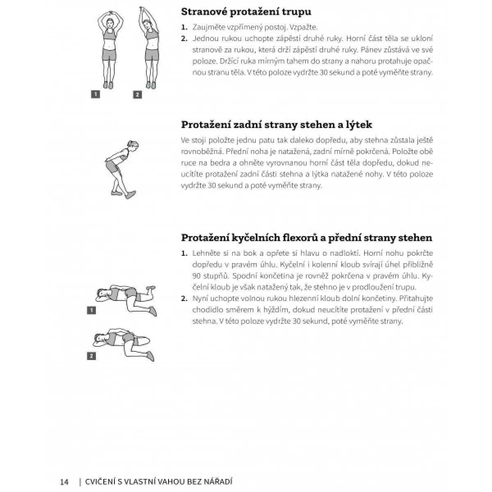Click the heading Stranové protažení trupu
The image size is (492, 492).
[x=246, y=12]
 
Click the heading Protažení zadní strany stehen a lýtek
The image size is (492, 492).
[x=276, y=125]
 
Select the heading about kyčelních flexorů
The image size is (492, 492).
[x=307, y=238]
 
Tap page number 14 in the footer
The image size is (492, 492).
[x=64, y=481]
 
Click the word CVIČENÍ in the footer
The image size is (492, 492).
[x=100, y=481]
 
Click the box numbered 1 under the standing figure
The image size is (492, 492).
[x=95, y=94]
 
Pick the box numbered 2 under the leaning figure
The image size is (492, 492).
[x=137, y=95]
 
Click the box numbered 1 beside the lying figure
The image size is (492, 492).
[x=91, y=311]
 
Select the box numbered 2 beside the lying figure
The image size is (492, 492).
[x=91, y=356]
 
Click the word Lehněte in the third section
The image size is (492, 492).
[x=206, y=253]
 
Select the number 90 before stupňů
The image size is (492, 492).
[x=197, y=276]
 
